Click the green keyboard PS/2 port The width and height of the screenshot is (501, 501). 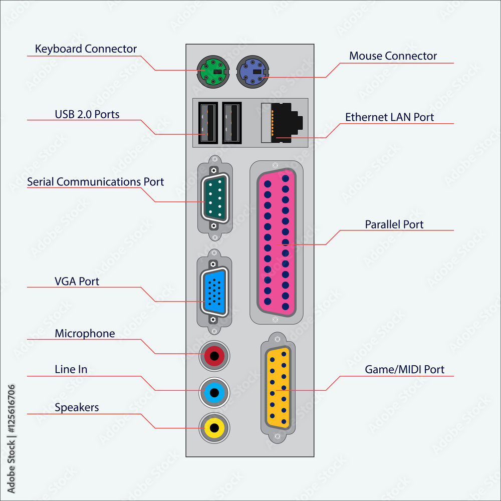[x=212, y=72]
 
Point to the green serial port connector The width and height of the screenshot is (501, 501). [x=215, y=197]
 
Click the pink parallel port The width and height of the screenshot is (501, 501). [x=276, y=242]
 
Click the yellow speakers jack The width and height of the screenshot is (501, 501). [x=215, y=428]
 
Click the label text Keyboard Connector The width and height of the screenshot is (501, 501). [x=86, y=49]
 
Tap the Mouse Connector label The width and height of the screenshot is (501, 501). [x=393, y=56]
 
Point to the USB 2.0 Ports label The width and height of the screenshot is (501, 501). [x=87, y=114]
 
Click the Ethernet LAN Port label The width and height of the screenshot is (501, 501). [x=389, y=117]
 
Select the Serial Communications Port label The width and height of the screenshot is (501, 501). [x=95, y=182]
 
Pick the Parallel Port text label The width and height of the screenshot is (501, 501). [x=394, y=224]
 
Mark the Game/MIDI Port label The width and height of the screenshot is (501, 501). [x=404, y=370]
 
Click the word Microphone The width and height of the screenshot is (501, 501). [x=85, y=334]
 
